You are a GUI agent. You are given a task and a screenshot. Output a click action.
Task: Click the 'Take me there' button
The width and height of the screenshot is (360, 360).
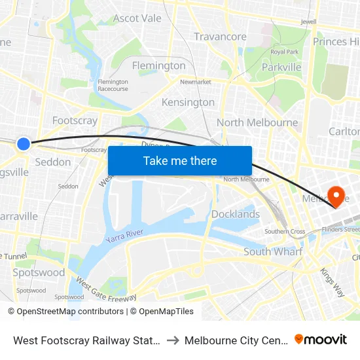tap(180, 161)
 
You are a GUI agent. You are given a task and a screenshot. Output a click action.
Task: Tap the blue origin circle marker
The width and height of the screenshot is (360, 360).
tap(24, 144)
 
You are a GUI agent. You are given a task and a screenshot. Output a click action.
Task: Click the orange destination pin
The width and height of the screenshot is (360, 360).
tap(338, 196)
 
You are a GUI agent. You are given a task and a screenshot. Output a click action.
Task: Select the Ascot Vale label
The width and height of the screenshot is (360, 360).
tap(137, 18)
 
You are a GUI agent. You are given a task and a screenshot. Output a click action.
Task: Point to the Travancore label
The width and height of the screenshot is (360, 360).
tap(220, 37)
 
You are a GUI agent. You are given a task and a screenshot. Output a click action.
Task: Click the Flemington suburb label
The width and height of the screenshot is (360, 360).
tap(158, 65)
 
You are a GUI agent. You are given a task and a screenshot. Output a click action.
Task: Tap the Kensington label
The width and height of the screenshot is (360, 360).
tap(188, 102)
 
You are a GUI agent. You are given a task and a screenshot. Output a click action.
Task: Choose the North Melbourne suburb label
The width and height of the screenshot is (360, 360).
tap(257, 122)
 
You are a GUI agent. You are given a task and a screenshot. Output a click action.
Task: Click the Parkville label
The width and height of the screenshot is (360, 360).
tap(281, 67)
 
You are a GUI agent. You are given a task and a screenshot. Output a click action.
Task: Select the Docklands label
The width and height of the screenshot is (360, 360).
tap(236, 214)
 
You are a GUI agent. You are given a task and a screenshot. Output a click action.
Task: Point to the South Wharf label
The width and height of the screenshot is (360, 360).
tap(273, 251)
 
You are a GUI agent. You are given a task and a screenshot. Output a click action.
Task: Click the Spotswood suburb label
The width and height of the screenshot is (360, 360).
tap(39, 272)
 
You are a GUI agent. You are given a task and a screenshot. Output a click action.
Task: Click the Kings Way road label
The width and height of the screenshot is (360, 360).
tap(332, 283)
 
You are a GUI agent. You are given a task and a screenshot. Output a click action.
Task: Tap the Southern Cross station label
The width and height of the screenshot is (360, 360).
tap(285, 232)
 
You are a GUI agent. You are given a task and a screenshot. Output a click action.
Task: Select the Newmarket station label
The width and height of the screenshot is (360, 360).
tap(196, 82)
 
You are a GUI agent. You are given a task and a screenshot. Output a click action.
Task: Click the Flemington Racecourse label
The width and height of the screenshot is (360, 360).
tap(113, 86)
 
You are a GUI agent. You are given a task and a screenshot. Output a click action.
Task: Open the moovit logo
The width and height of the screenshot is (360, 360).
tap(321, 339)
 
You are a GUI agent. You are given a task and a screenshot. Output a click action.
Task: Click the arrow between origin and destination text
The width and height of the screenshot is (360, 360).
tap(173, 340)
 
